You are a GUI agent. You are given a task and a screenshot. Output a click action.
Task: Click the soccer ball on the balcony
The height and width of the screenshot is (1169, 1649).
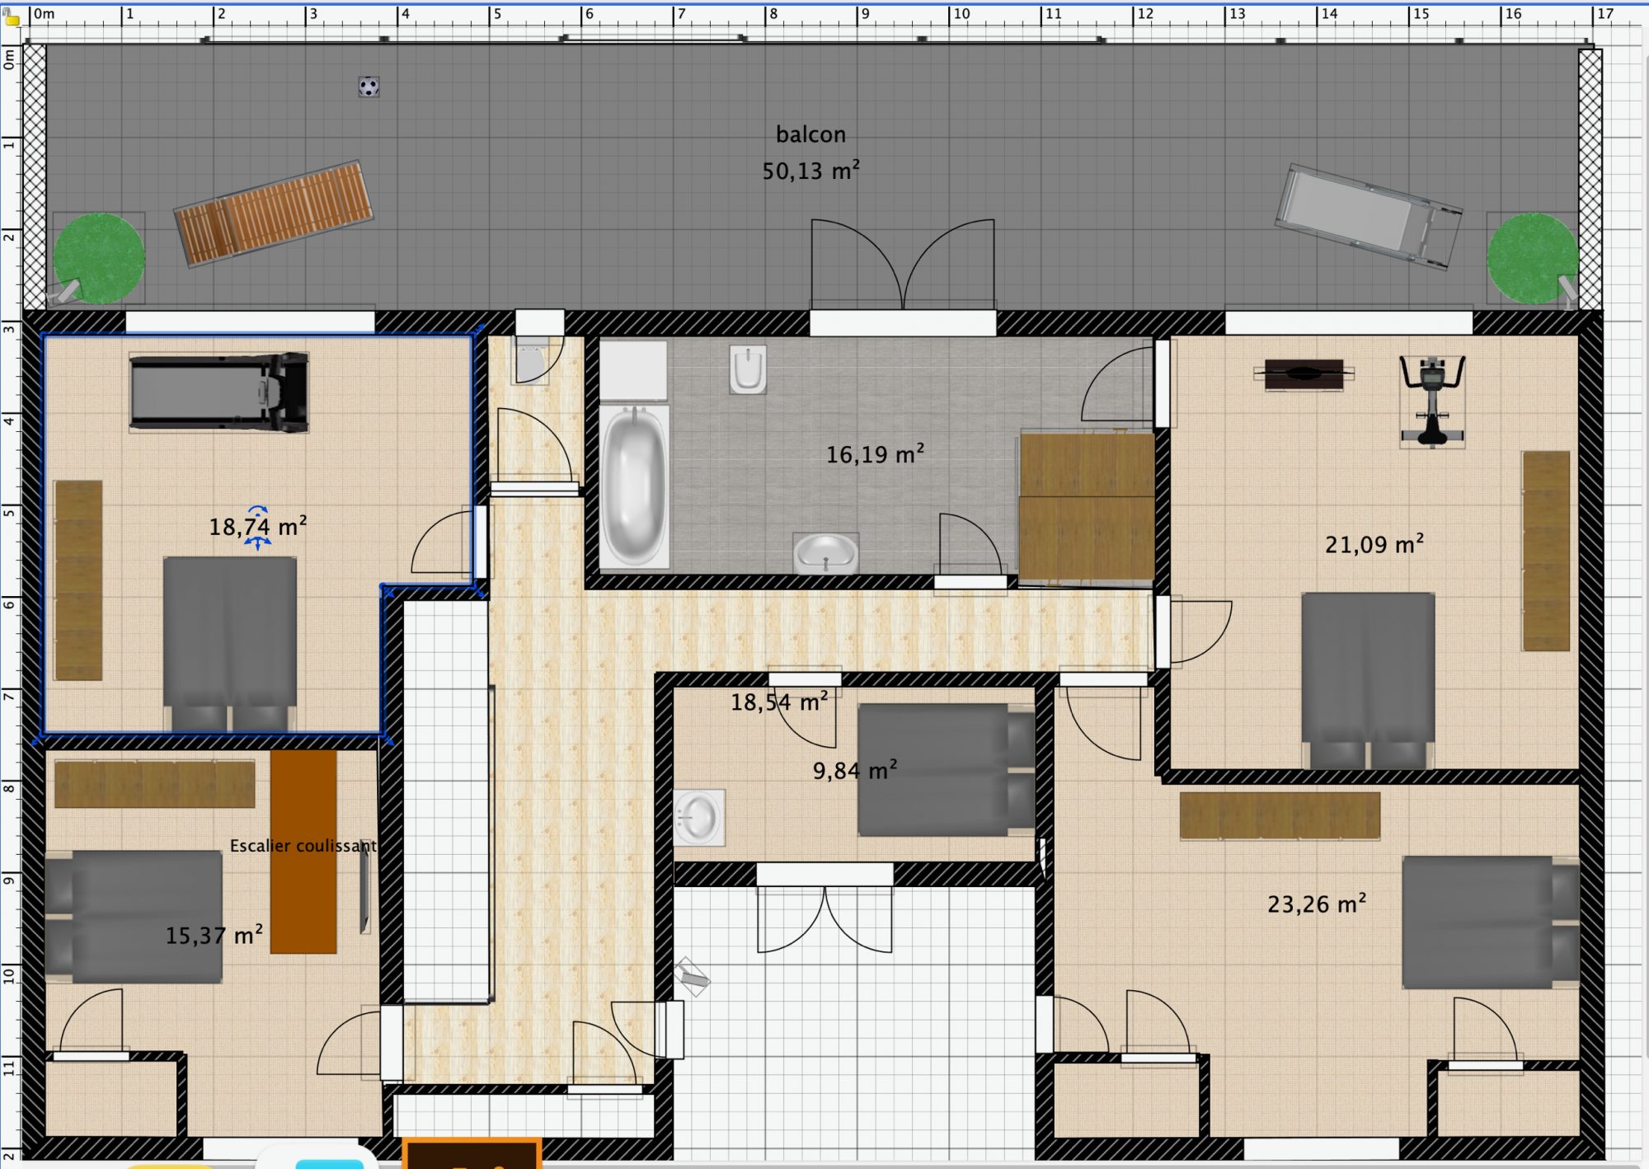pos(369,87)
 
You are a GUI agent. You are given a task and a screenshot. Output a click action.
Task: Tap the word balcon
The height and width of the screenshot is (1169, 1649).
pos(810,134)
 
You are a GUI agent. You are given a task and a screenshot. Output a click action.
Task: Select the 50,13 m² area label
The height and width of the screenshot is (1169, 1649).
pos(810,171)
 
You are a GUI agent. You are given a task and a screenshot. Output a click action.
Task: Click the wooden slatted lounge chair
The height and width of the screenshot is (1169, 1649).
pos(273,213)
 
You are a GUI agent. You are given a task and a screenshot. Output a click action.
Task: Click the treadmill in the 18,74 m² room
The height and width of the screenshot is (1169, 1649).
pos(219,392)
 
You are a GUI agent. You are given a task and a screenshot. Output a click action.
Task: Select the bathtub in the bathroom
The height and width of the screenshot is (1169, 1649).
pos(634,485)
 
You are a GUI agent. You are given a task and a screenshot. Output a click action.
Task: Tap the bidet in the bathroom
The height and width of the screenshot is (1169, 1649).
pos(748,369)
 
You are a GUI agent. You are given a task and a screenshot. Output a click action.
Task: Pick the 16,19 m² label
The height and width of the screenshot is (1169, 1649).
pos(875,454)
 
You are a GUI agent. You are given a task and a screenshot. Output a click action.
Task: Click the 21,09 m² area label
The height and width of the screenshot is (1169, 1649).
pos(1374,544)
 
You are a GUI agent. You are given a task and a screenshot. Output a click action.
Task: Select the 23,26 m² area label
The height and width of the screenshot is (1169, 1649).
pos(1317,904)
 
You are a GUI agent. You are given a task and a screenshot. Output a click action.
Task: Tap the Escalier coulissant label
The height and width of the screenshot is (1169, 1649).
pos(303,846)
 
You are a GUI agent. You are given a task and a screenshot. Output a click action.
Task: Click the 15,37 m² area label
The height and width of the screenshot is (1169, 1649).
pos(214,935)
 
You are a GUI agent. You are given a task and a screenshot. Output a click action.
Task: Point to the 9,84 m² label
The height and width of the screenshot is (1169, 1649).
pos(855,770)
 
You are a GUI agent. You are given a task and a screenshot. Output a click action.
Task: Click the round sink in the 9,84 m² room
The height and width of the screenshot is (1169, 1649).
pos(699,818)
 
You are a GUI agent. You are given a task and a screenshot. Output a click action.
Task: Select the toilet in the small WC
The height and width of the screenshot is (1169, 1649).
pos(530,359)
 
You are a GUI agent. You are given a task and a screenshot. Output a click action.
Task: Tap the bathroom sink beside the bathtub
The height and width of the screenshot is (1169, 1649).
pos(825,552)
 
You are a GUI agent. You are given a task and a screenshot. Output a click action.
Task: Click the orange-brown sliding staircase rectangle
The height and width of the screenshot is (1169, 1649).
pos(303,852)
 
